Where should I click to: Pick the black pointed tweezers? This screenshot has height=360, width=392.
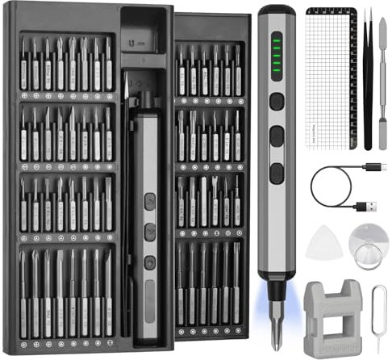367,81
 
